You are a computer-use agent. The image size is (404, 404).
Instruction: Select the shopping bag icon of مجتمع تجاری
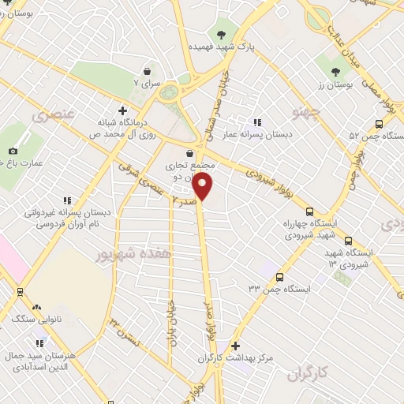[x=189, y=153]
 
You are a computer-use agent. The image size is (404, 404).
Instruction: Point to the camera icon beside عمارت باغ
[x=12, y=151]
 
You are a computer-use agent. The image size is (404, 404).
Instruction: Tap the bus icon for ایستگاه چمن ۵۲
[x=379, y=123]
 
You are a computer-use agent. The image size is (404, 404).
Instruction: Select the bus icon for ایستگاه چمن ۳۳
[x=280, y=277]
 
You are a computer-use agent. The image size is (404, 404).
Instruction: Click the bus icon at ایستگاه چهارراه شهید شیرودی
[x=309, y=211]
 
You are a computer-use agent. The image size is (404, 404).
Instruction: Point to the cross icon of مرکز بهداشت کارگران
[x=235, y=346]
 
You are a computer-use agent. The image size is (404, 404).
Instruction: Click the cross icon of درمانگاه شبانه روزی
[x=122, y=110]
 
